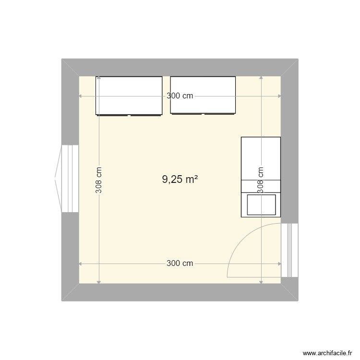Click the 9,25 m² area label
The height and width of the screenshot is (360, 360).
(x=180, y=180)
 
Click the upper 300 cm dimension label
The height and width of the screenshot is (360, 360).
(x=180, y=96)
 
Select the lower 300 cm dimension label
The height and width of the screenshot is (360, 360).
(x=180, y=263)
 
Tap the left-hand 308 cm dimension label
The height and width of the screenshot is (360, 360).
(x=98, y=180)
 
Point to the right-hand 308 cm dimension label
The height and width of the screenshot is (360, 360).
(x=261, y=180)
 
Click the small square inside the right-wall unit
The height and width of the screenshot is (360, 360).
(x=261, y=204)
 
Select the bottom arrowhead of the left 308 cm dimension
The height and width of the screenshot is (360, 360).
(x=98, y=281)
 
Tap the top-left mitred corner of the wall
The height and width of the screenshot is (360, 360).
(x=70, y=68)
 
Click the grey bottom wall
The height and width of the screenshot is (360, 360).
(x=180, y=292)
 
